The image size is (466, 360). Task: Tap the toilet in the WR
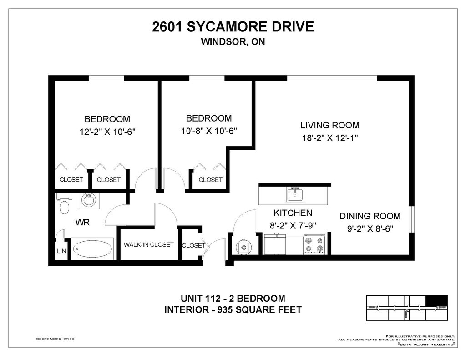(x=64, y=205)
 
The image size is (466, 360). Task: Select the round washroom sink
(x=89, y=200)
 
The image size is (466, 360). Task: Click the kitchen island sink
(x=295, y=195)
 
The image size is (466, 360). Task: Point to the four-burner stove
(x=314, y=244)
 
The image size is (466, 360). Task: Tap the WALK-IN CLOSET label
(x=149, y=245)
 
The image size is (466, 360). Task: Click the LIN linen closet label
(x=61, y=251)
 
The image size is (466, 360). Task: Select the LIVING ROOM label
(x=330, y=125)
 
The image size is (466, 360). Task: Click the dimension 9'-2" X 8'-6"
(x=370, y=228)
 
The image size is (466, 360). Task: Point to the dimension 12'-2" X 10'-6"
(x=107, y=132)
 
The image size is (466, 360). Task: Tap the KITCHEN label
(x=293, y=213)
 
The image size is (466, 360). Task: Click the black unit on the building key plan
(x=436, y=300)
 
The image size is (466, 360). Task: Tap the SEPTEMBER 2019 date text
(x=55, y=339)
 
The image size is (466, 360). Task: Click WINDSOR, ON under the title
(x=233, y=41)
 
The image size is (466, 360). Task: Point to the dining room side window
(x=411, y=219)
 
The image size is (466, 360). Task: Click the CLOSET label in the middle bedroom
(x=210, y=180)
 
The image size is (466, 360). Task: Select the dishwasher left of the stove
(x=275, y=244)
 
